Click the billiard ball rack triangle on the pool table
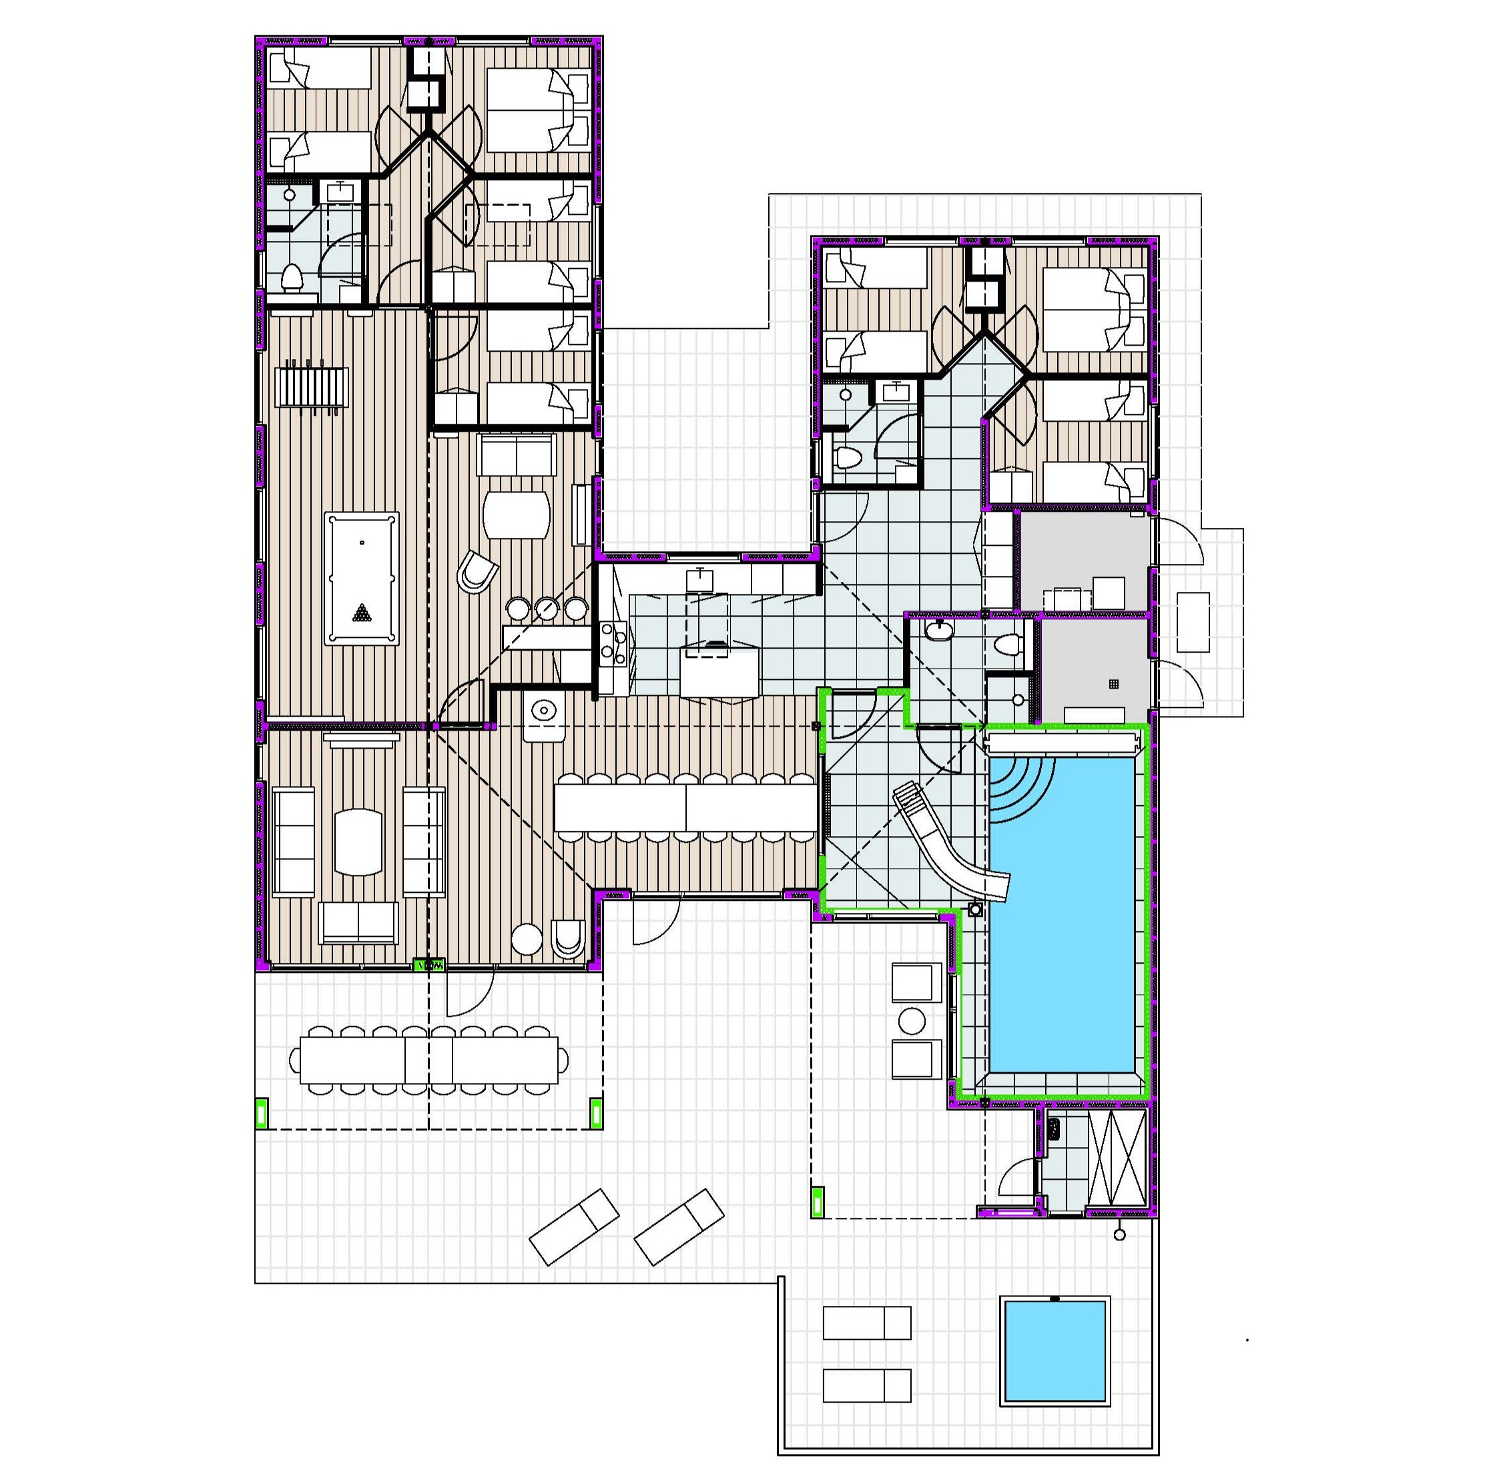coord(361,613)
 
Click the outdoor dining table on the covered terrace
coord(429,1060)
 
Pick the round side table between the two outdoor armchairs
coord(912,1020)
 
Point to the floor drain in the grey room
coord(1114,684)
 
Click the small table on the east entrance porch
coord(1193,623)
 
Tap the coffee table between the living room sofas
coord(358,842)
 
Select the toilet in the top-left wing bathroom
coord(292,276)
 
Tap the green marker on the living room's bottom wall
coord(429,965)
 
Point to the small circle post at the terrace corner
coord(1119,1235)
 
